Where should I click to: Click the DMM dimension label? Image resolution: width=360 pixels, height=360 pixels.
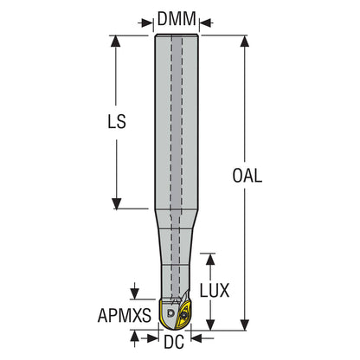[x=177, y=19]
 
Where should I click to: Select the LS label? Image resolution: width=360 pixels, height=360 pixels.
[x=117, y=121]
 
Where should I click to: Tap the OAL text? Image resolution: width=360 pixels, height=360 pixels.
[x=247, y=176]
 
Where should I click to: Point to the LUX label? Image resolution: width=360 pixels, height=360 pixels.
[x=215, y=290]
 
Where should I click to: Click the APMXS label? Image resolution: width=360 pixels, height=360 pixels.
[x=125, y=315]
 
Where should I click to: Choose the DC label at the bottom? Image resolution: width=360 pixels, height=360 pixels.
[x=174, y=343]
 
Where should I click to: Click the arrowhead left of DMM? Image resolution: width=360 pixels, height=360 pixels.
[x=146, y=23]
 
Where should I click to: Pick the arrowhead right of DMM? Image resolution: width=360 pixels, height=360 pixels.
[x=206, y=23]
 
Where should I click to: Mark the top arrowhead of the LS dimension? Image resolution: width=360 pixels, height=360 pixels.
[x=116, y=41]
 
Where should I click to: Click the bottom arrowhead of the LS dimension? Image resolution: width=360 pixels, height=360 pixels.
[x=117, y=203]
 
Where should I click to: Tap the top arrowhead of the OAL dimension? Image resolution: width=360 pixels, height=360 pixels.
[x=245, y=41]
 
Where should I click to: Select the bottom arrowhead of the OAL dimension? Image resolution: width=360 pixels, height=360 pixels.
[x=245, y=325]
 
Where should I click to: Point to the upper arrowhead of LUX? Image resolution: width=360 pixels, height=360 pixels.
[x=210, y=260]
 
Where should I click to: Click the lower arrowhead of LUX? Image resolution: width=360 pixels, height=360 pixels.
[x=210, y=325]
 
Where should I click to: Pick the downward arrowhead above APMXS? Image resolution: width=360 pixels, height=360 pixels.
[x=134, y=294]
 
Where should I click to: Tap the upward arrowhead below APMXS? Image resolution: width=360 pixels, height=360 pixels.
[x=134, y=336]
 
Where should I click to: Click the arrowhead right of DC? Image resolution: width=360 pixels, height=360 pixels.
[x=196, y=338]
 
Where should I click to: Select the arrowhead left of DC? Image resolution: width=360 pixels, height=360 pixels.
[x=153, y=338]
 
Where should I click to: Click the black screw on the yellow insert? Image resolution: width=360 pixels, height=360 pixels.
[x=183, y=315]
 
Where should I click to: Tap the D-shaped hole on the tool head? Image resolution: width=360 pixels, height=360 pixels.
[x=170, y=312]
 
